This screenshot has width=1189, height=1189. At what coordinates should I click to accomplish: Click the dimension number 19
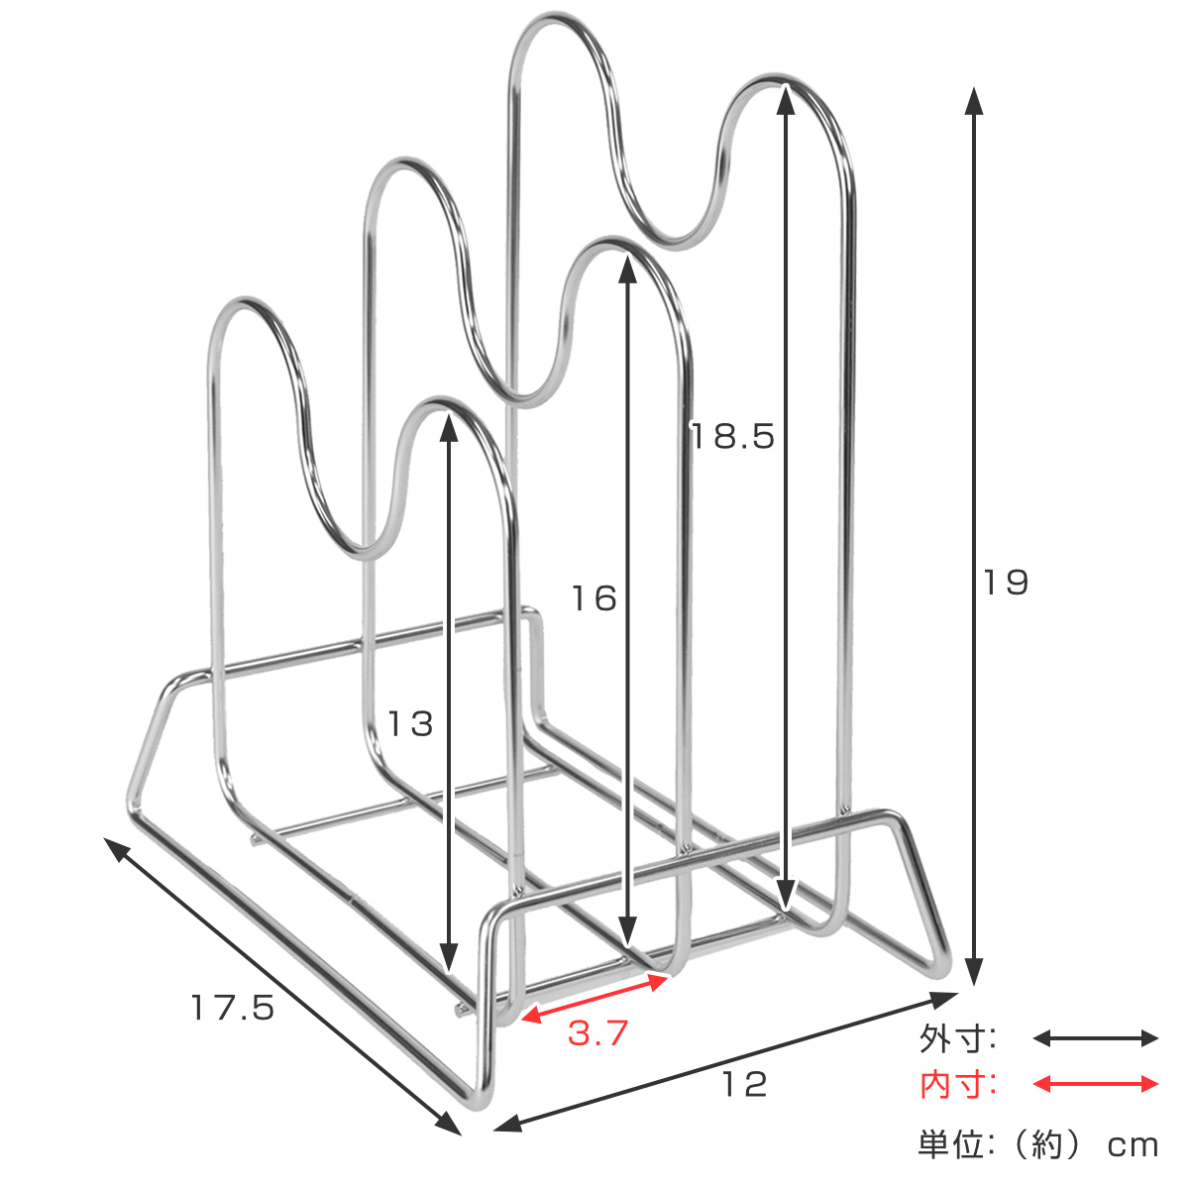pos(1005,583)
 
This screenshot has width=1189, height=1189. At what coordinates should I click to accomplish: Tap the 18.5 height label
pos(732,436)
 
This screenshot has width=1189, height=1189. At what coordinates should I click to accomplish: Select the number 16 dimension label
pos(594,598)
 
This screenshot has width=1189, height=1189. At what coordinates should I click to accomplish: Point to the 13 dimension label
pos(410,723)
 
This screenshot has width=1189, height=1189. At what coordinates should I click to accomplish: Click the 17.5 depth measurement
pos(232,1008)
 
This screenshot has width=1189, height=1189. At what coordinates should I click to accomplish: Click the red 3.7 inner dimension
pos(597,1032)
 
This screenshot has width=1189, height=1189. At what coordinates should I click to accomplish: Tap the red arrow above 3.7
pos(594,995)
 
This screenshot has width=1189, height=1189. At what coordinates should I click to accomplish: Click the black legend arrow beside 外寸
pos(1095,1038)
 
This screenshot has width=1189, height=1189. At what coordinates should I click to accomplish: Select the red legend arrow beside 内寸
pos(1095,1084)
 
